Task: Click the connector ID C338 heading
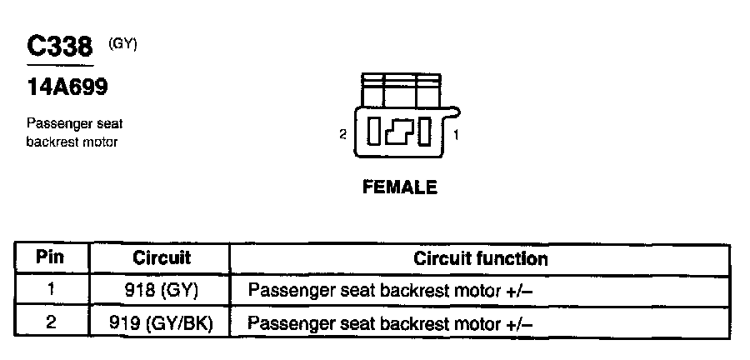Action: (58, 47)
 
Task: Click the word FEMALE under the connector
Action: (400, 187)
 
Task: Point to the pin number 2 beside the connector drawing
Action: (342, 133)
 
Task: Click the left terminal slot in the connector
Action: (374, 132)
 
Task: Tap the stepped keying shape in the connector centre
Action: (399, 132)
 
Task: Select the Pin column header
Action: (51, 258)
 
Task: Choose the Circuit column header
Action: (162, 258)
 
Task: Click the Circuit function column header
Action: (481, 258)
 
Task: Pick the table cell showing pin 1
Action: (51, 291)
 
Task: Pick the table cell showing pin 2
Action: (51, 322)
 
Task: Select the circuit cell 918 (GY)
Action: (162, 291)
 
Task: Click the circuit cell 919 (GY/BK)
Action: (162, 322)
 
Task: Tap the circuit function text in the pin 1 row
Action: (390, 291)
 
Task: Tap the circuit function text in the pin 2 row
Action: (390, 322)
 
